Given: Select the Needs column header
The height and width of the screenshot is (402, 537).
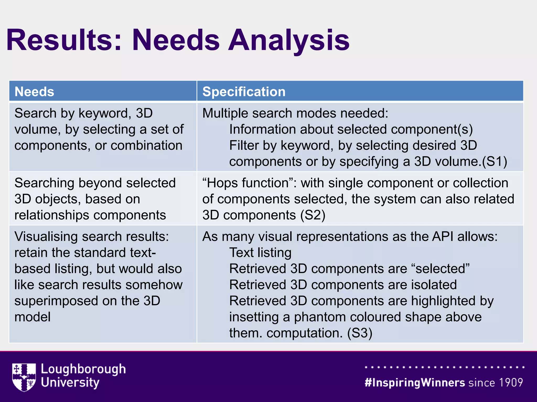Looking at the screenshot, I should (x=34, y=92).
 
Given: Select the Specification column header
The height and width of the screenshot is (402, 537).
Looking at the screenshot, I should (x=244, y=92).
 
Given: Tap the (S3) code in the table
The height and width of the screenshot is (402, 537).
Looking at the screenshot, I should (x=360, y=333).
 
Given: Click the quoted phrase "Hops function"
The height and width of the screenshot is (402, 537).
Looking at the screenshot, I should (x=249, y=183).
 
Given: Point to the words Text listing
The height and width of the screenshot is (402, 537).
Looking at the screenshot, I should (x=260, y=253).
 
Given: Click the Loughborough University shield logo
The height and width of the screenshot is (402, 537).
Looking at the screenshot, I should (x=24, y=377).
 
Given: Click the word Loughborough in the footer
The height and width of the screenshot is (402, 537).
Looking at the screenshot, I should (x=83, y=369).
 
